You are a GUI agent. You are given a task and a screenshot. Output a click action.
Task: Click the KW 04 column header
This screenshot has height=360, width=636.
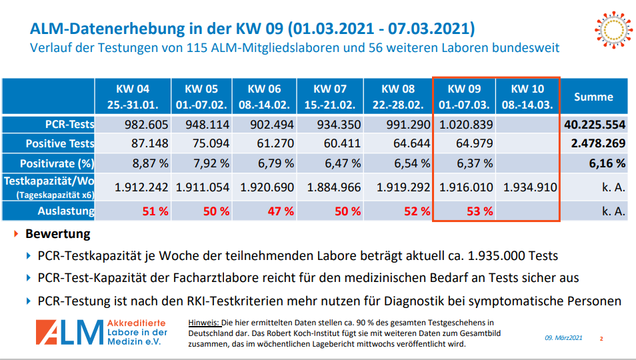(x=133, y=97)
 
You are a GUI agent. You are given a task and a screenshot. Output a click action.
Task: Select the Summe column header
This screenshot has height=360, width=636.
(x=593, y=97)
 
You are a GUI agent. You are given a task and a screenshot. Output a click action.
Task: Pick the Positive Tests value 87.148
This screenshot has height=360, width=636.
(x=141, y=143)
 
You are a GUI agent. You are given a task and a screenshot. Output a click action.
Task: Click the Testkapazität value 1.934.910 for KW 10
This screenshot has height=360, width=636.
(x=529, y=187)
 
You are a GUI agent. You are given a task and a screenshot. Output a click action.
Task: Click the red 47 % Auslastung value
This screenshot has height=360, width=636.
(x=280, y=211)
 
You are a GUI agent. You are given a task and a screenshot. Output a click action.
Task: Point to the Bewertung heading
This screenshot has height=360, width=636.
(x=57, y=235)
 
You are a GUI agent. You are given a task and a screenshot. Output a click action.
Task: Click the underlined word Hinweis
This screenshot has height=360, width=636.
(x=204, y=322)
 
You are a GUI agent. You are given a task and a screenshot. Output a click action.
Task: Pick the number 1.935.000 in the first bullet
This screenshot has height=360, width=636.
(x=499, y=256)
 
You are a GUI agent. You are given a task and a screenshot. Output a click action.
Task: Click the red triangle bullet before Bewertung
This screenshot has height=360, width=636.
(x=17, y=235)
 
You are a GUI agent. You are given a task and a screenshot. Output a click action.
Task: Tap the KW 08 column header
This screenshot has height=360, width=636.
(x=398, y=97)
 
